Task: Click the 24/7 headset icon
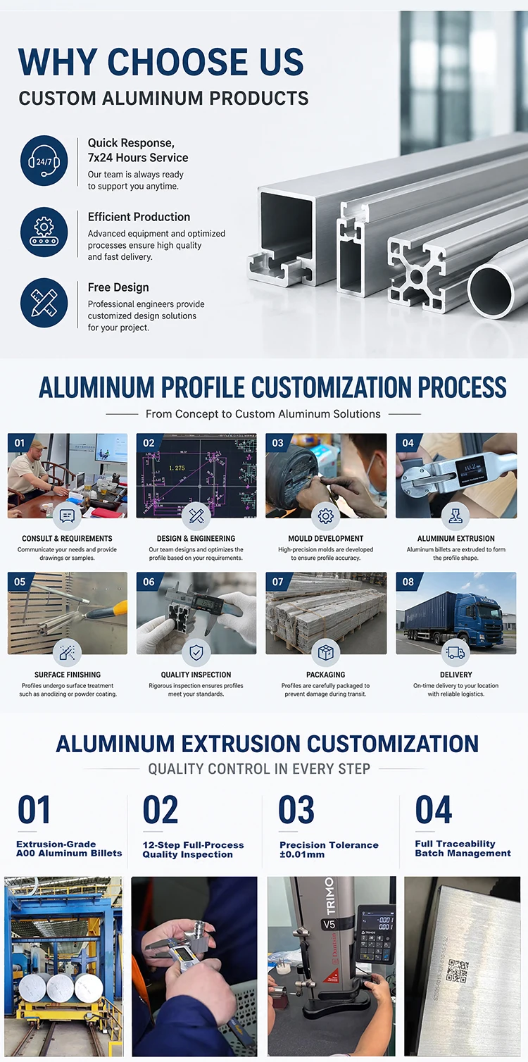pos(44,161)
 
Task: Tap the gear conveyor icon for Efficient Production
pos(44,232)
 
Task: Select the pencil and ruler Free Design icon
pos(44,303)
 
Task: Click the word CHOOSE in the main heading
pos(177,62)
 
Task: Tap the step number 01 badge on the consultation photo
pos(20,443)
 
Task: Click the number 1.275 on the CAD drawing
pos(177,468)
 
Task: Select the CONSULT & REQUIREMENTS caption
pos(68,539)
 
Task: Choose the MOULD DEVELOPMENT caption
pos(326,539)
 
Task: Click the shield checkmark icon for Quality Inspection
pos(196,652)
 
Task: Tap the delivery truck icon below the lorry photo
pos(455,652)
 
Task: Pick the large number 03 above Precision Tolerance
pos(296,810)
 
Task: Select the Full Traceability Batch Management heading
pos(463,848)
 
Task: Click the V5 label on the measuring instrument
pos(329,924)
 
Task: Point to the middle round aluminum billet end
pos(60,989)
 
